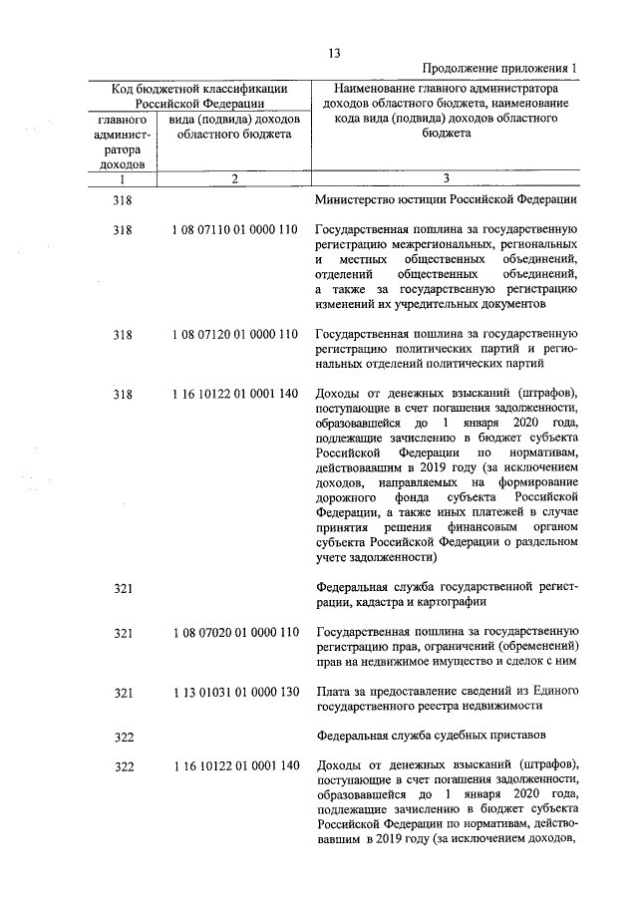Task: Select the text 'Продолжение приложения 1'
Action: [x=499, y=69]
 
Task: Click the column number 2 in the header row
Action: [x=233, y=178]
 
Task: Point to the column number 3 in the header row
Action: [x=446, y=178]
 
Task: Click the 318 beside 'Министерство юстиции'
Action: [x=123, y=198]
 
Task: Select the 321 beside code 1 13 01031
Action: [x=123, y=692]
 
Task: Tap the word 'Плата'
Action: [x=332, y=691]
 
